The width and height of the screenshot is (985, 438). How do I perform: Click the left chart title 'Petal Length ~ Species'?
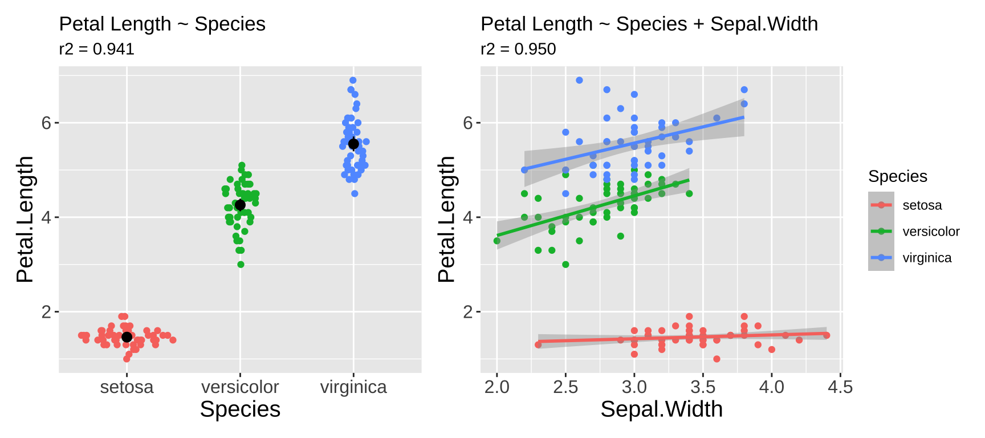(x=162, y=24)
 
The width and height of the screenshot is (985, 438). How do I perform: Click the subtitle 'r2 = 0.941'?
(x=96, y=49)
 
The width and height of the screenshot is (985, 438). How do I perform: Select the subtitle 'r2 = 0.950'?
(x=518, y=49)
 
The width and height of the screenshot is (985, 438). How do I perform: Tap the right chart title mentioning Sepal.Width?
(x=649, y=24)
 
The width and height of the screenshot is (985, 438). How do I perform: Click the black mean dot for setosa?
(x=127, y=337)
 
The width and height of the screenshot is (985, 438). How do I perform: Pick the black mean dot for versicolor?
(x=240, y=205)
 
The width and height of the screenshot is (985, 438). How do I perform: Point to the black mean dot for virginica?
(x=353, y=144)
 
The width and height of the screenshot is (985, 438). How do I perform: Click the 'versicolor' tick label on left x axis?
(x=240, y=387)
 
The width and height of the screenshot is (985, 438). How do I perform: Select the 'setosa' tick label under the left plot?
(x=127, y=387)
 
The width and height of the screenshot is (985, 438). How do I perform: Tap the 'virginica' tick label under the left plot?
(x=353, y=387)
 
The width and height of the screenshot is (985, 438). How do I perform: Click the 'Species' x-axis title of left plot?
(x=240, y=409)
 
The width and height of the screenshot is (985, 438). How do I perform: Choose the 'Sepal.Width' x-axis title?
(x=661, y=409)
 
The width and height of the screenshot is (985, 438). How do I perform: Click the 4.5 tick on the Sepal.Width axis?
(x=840, y=387)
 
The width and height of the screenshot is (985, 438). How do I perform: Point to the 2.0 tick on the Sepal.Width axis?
(x=496, y=387)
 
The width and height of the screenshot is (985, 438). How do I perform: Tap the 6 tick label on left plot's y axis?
(x=46, y=123)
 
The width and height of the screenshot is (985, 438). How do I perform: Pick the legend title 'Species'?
(x=897, y=176)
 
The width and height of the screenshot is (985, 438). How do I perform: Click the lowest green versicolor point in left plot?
(x=241, y=265)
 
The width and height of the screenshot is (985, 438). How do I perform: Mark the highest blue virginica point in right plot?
(x=579, y=80)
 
